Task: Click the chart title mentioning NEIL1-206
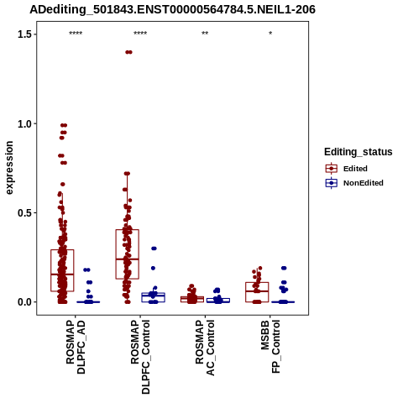(172, 9)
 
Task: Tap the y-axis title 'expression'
(9, 168)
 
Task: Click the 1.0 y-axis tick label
(24, 123)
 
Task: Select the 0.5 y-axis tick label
(24, 212)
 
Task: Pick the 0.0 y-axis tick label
(24, 302)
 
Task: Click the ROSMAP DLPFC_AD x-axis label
(76, 347)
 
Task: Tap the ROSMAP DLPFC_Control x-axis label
(140, 357)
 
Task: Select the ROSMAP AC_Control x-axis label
(205, 348)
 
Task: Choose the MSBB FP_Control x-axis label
(270, 347)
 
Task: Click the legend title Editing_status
(359, 152)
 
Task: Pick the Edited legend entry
(347, 169)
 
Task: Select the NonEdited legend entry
(354, 183)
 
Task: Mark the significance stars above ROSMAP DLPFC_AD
(76, 34)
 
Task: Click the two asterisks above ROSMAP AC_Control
(205, 34)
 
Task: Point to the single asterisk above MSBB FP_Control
(270, 34)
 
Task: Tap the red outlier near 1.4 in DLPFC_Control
(128, 52)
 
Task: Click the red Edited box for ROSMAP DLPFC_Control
(128, 254)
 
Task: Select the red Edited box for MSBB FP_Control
(257, 292)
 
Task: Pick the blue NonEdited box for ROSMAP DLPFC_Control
(153, 297)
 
